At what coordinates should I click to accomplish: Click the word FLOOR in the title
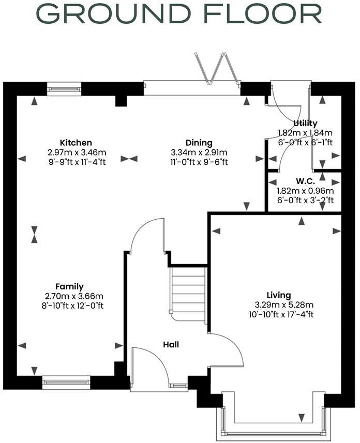click(259, 14)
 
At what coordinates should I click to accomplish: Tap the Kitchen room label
click(76, 143)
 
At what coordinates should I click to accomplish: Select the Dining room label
click(199, 143)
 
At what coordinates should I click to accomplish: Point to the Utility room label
click(305, 123)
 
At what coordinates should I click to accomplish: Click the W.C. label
click(305, 181)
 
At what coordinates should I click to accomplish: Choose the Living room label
click(279, 295)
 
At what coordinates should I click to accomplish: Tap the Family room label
click(69, 287)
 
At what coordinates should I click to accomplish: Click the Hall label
click(171, 344)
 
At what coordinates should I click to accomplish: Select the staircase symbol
click(189, 293)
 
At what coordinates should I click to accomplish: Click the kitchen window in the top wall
click(64, 89)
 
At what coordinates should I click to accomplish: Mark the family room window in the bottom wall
click(66, 383)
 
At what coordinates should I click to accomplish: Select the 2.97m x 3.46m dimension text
click(76, 152)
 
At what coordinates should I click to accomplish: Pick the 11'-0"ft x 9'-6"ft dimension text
click(199, 161)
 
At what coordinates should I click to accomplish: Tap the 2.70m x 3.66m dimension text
click(74, 296)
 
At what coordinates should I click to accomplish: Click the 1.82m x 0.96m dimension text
click(305, 191)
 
